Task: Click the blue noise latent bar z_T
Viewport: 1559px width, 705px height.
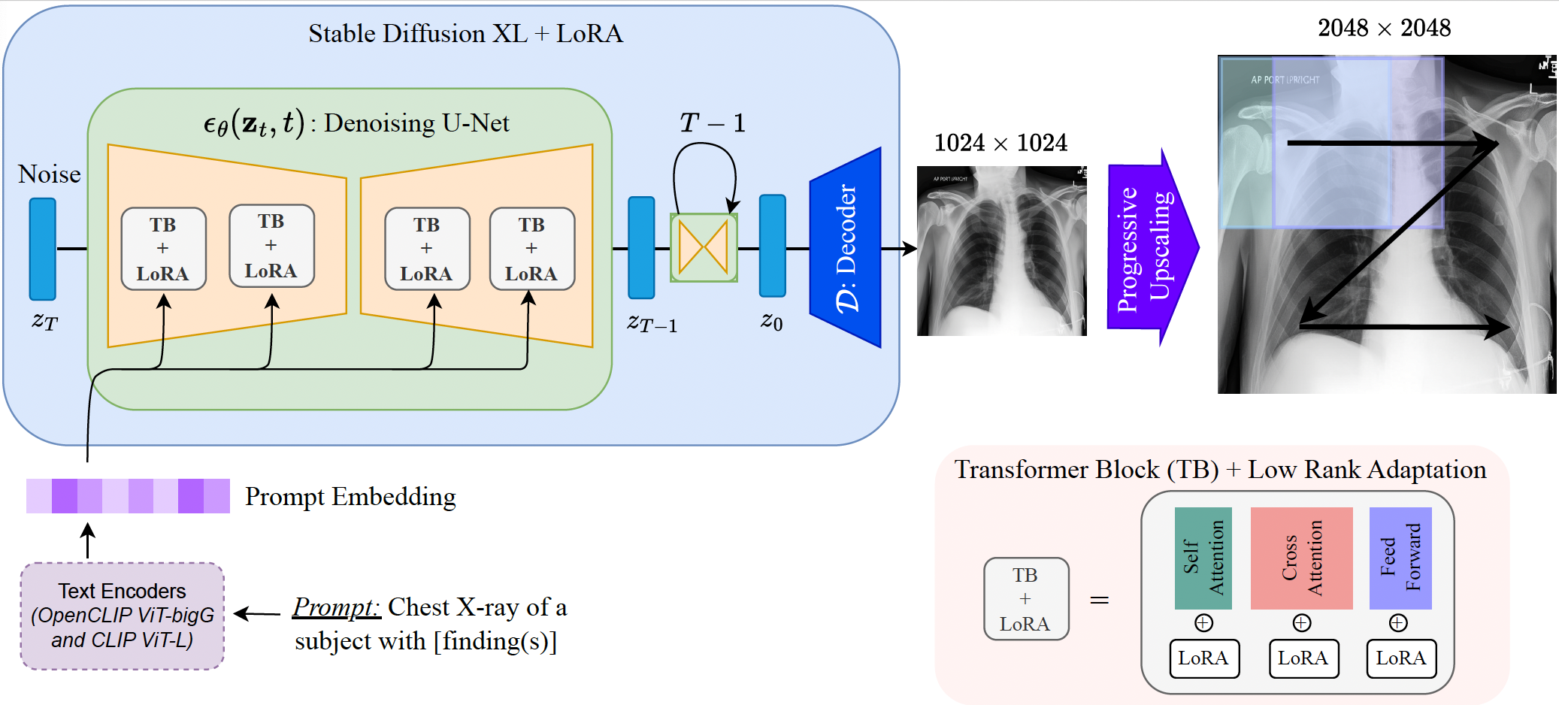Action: click(43, 249)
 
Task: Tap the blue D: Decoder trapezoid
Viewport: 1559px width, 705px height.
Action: click(846, 248)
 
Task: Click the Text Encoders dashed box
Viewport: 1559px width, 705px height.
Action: click(123, 616)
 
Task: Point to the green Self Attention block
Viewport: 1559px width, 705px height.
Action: click(1203, 558)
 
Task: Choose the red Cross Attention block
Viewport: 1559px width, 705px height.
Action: click(1301, 558)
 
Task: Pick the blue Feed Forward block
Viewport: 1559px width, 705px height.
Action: click(1400, 558)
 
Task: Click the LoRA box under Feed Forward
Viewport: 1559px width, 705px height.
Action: click(1400, 658)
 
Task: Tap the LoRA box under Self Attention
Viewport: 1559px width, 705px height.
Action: click(1203, 658)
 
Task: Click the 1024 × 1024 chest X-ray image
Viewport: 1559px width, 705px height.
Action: click(1001, 251)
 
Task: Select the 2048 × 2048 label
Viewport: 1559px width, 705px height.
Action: click(1384, 29)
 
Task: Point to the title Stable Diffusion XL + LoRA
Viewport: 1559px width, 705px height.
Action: click(465, 34)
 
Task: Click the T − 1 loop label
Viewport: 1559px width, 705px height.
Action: click(712, 123)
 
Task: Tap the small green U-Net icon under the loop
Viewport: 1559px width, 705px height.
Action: click(704, 247)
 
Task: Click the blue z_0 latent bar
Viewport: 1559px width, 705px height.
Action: click(773, 246)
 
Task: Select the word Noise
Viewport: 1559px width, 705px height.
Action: click(50, 174)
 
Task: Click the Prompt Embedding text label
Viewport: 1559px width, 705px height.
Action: click(350, 497)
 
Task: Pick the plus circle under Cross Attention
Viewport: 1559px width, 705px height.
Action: click(1302, 623)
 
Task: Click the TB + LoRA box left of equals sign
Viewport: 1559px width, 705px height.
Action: click(1026, 599)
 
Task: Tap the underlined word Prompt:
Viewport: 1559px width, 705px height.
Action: click(336, 607)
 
